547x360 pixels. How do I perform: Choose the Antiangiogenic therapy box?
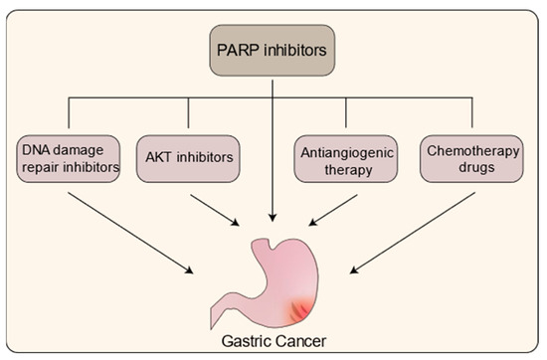[345, 158]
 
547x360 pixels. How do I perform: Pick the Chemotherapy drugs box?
[466, 158]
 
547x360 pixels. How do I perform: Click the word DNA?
[33, 150]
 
